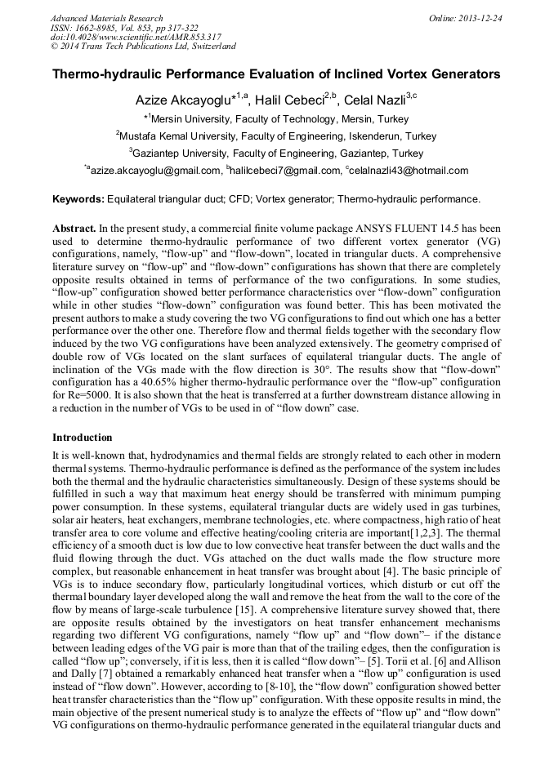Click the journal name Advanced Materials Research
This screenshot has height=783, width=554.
(106, 18)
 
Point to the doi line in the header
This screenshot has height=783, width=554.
(136, 38)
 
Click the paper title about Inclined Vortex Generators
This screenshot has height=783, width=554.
(276, 74)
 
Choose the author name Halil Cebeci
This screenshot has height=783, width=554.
(289, 100)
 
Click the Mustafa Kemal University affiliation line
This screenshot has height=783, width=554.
(276, 136)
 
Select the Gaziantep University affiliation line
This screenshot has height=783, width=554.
(276, 153)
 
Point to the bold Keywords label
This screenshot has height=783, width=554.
(78, 198)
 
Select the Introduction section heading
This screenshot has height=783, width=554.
(83, 438)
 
